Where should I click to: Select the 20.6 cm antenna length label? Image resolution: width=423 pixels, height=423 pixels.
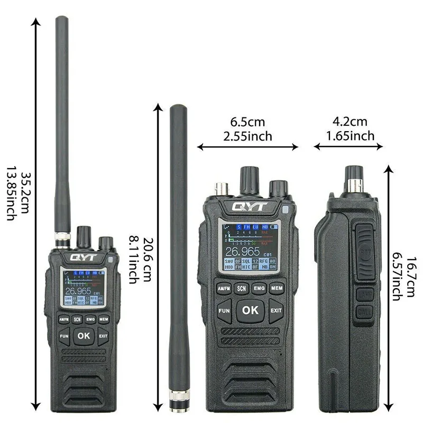145,253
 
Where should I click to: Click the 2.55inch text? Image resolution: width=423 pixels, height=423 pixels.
247,136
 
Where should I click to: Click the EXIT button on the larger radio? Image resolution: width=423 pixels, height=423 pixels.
277,311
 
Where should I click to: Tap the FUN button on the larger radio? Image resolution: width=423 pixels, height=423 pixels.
224,311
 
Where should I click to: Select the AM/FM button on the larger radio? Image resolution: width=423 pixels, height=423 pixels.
224,288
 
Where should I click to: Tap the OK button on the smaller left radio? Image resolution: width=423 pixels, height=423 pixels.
83,335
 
